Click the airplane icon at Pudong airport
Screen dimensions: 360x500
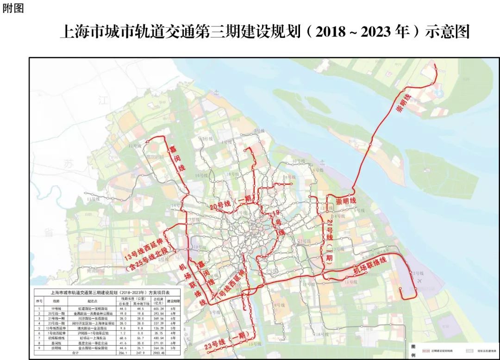tap(420, 280)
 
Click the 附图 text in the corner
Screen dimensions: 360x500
tap(13, 9)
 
